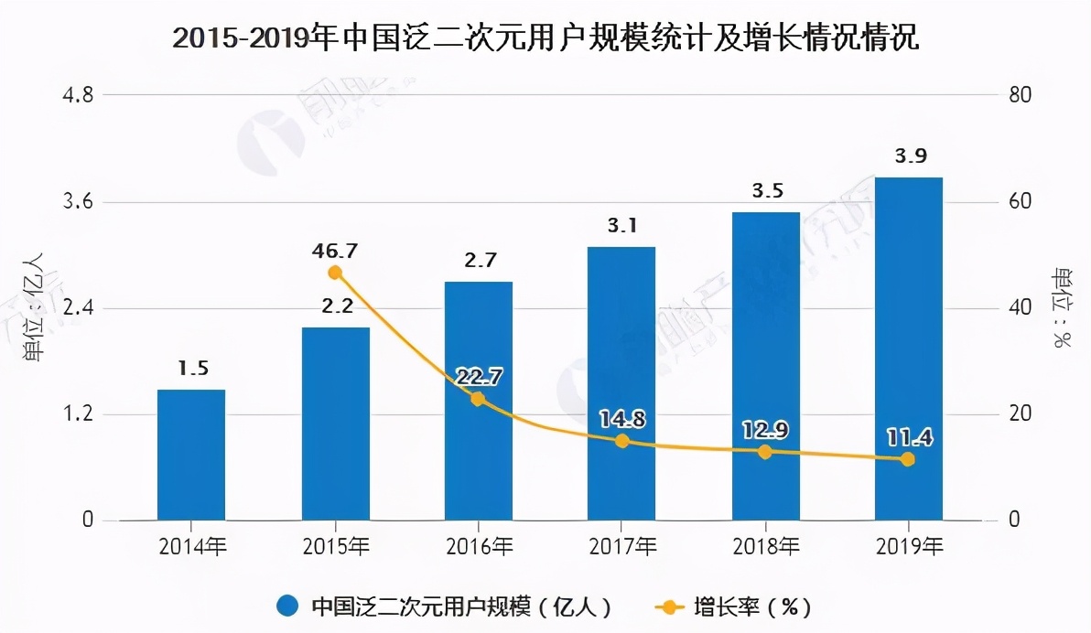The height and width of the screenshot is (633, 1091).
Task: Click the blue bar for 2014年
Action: point(190,455)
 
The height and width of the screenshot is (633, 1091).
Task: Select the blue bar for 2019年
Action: point(908,349)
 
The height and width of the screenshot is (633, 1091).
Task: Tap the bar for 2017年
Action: point(621,383)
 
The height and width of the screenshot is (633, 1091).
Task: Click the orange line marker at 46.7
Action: point(335,273)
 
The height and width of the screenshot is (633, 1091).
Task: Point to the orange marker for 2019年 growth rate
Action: point(908,459)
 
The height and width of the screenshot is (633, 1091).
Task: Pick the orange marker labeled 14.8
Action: point(622,441)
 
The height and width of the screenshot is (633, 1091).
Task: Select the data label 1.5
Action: point(193,368)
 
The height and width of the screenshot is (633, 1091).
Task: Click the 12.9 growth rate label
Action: point(766,430)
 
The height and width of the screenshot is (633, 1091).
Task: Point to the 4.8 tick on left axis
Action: point(77,95)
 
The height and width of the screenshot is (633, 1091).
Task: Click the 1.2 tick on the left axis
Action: point(77,414)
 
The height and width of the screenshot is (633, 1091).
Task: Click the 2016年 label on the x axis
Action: point(479,547)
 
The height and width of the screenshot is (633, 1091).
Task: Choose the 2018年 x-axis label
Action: point(765,547)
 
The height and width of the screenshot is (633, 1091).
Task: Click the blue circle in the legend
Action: point(287,606)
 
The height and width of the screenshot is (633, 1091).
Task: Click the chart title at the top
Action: point(545,38)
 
